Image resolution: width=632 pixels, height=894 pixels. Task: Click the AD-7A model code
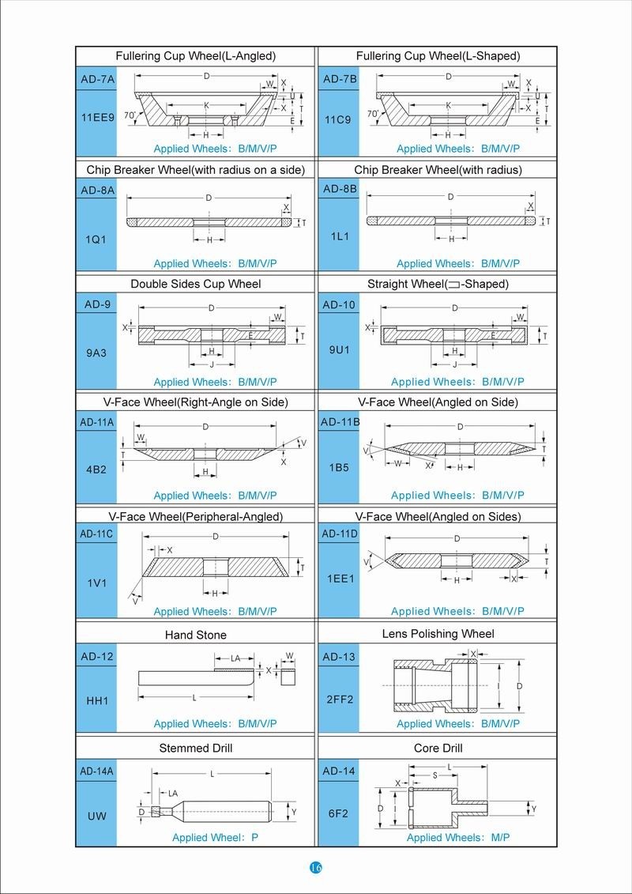(97, 79)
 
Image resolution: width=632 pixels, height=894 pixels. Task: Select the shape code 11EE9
(97, 117)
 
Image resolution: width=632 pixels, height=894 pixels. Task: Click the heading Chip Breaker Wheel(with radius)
(438, 170)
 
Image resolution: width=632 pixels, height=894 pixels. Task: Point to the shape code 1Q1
(96, 238)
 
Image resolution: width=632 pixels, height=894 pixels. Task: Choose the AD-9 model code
(96, 305)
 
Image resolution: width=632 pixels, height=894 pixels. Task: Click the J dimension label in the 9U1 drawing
(455, 364)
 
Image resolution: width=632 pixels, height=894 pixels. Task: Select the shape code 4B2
(96, 468)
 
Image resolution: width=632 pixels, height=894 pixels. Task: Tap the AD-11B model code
(340, 422)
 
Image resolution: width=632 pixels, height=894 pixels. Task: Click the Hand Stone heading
(196, 635)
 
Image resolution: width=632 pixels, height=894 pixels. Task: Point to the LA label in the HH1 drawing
(235, 658)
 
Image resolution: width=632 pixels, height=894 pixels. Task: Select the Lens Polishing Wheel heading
(438, 634)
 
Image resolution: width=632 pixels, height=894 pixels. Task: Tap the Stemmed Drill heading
(196, 748)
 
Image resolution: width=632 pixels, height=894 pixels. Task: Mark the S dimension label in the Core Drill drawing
(434, 776)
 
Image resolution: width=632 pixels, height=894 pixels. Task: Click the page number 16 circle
(316, 868)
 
